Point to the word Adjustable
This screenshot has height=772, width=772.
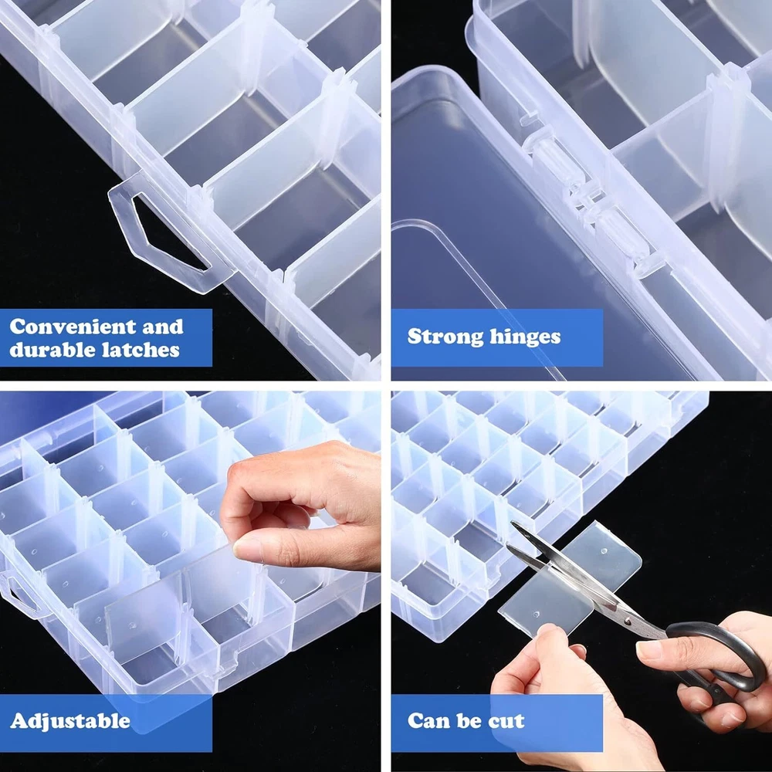click(x=70, y=721)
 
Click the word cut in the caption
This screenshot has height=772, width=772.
click(x=506, y=721)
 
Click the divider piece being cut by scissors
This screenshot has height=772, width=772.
click(x=571, y=581)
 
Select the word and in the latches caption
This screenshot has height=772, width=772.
click(x=162, y=327)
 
